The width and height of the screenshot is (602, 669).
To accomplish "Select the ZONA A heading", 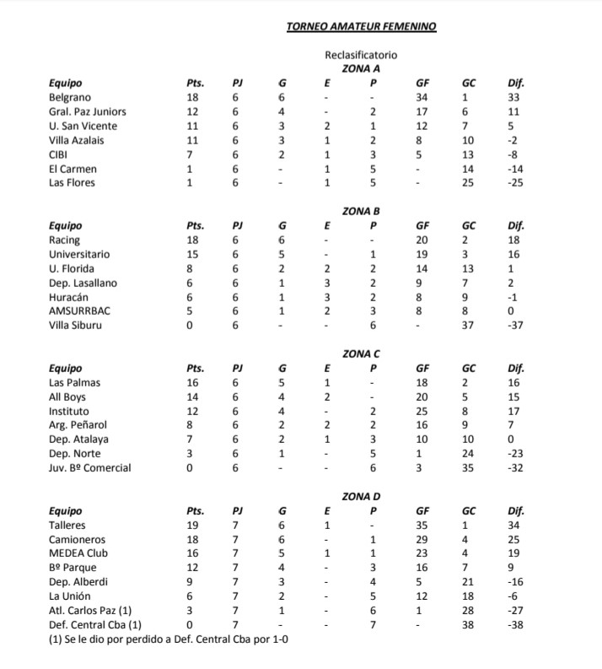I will (x=361, y=68).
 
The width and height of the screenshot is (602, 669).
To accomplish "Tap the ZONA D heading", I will (x=361, y=497).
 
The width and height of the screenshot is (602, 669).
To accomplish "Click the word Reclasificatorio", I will (x=361, y=55).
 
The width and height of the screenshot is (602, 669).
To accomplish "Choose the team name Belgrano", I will (x=70, y=97).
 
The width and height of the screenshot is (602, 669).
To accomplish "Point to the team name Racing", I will (x=65, y=240).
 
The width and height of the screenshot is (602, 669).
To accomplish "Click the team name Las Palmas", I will (x=74, y=383).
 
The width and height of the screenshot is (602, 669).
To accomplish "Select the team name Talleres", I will (x=67, y=525).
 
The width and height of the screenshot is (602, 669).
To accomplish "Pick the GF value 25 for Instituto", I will (x=422, y=411).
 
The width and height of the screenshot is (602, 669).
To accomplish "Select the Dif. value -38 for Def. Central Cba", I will (x=516, y=625).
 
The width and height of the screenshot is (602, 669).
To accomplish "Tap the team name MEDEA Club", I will (x=79, y=553).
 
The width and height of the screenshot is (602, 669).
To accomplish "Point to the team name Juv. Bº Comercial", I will (x=90, y=468).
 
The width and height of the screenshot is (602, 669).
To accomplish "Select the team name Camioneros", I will (x=78, y=539).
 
